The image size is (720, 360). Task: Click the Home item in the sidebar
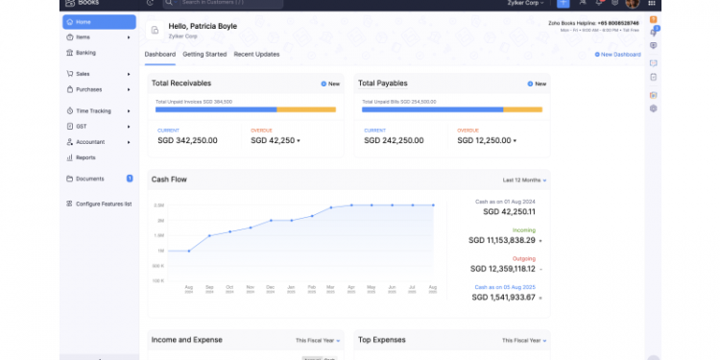[84, 21]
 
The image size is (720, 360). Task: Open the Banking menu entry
[85, 53]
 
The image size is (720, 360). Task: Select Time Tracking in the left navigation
[93, 110]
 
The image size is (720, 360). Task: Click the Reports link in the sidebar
[85, 156]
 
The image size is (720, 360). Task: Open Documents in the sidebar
[89, 179]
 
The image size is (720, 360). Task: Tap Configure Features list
[103, 204]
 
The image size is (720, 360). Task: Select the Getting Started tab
[204, 55]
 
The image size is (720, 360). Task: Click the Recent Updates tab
[256, 55]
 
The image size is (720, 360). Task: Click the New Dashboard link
[619, 55]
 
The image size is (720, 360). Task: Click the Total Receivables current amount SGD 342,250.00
[187, 140]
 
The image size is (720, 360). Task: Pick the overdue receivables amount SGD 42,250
[273, 140]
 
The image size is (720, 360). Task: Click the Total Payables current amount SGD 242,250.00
[392, 140]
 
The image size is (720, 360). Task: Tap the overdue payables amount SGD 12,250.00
[487, 140]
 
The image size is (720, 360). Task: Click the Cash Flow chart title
[169, 180]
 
